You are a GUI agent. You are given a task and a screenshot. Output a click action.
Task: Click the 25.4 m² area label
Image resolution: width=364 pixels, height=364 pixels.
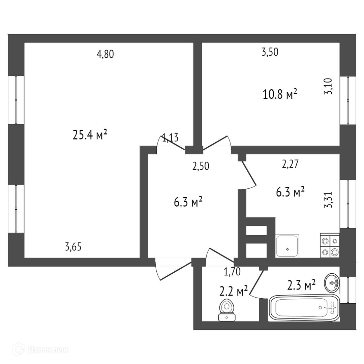point(90,135)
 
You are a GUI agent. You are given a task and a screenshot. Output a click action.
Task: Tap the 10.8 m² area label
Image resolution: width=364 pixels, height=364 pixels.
point(280,94)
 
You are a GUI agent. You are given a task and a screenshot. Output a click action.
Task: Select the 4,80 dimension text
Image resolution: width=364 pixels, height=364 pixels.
point(105,54)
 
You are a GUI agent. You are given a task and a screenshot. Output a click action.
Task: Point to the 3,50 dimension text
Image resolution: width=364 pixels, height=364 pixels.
point(270,52)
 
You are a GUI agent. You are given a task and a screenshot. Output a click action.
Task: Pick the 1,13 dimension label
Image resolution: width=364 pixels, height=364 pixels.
point(170,138)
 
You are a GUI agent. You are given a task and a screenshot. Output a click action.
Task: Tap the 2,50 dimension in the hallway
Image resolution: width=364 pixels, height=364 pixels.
point(201,166)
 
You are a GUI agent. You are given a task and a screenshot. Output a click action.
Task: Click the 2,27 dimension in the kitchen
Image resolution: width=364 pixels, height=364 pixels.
point(291,164)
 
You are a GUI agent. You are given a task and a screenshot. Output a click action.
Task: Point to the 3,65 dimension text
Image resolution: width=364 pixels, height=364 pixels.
point(73,247)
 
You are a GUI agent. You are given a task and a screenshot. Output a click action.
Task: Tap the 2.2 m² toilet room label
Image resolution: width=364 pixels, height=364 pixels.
point(234,291)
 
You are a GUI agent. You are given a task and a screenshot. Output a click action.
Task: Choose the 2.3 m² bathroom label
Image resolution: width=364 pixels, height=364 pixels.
point(301,285)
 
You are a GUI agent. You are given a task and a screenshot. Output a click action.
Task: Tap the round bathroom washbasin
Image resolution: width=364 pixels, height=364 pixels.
point(332,283)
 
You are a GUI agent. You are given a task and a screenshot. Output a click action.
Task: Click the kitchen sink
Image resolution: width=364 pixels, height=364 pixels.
point(287,246)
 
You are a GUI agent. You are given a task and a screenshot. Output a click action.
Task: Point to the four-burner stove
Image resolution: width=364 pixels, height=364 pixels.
point(330,246)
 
